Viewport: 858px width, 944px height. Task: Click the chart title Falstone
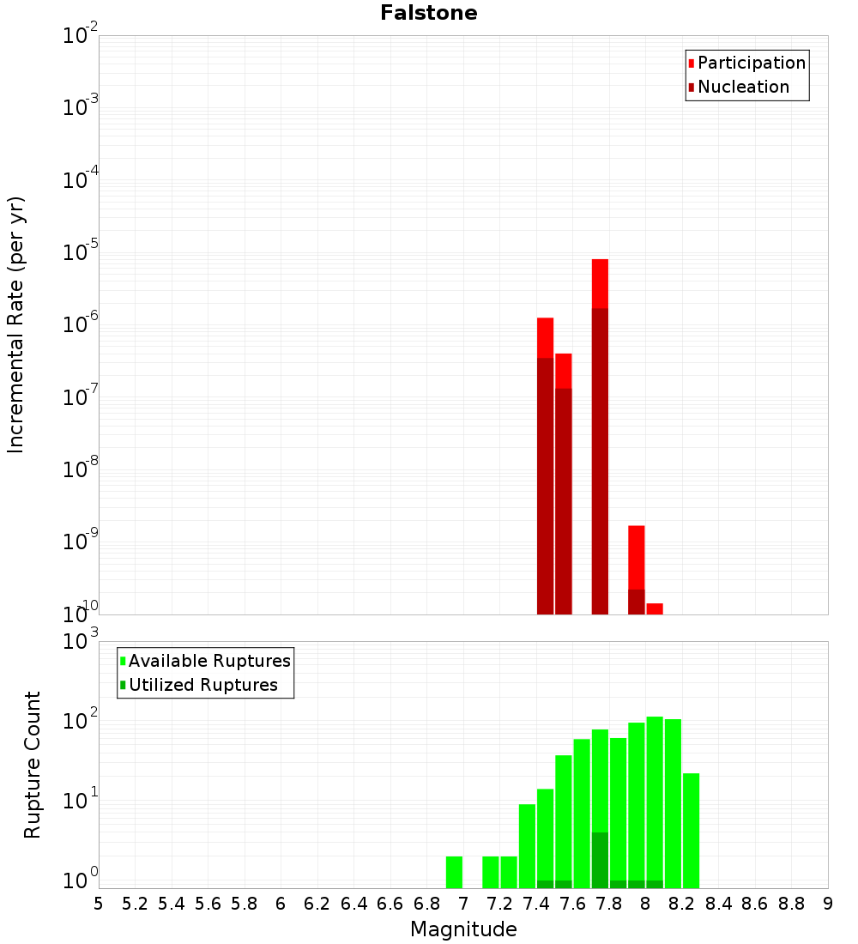click(429, 13)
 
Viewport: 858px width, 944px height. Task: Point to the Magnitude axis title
click(463, 929)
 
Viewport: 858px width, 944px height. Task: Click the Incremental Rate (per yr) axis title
click(16, 324)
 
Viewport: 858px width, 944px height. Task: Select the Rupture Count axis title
click(33, 764)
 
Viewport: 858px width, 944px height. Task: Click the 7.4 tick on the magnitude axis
click(536, 904)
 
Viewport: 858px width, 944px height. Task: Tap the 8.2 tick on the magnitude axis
click(682, 904)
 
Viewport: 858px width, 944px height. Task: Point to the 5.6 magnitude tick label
click(208, 904)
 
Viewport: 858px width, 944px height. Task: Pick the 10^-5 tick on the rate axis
click(81, 252)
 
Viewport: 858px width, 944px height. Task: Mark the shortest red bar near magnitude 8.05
click(655, 608)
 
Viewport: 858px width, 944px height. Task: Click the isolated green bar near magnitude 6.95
click(454, 872)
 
